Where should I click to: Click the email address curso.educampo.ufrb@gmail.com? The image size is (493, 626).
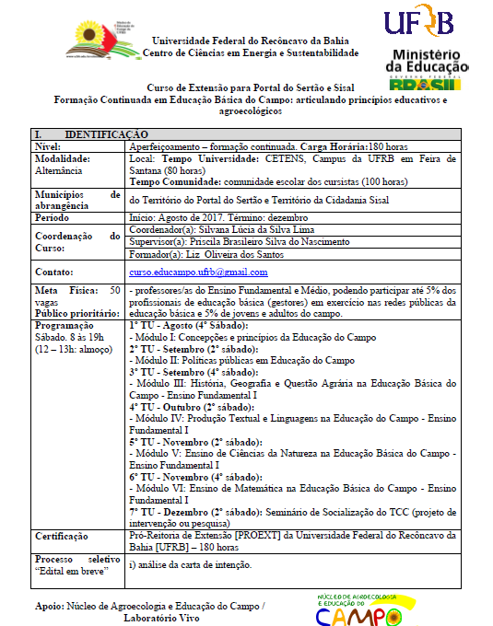click(x=198, y=272)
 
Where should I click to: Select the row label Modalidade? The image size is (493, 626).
click(x=62, y=158)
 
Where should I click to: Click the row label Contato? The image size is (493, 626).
click(x=54, y=272)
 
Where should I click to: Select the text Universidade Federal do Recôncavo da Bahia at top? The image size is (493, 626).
click(x=256, y=41)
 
